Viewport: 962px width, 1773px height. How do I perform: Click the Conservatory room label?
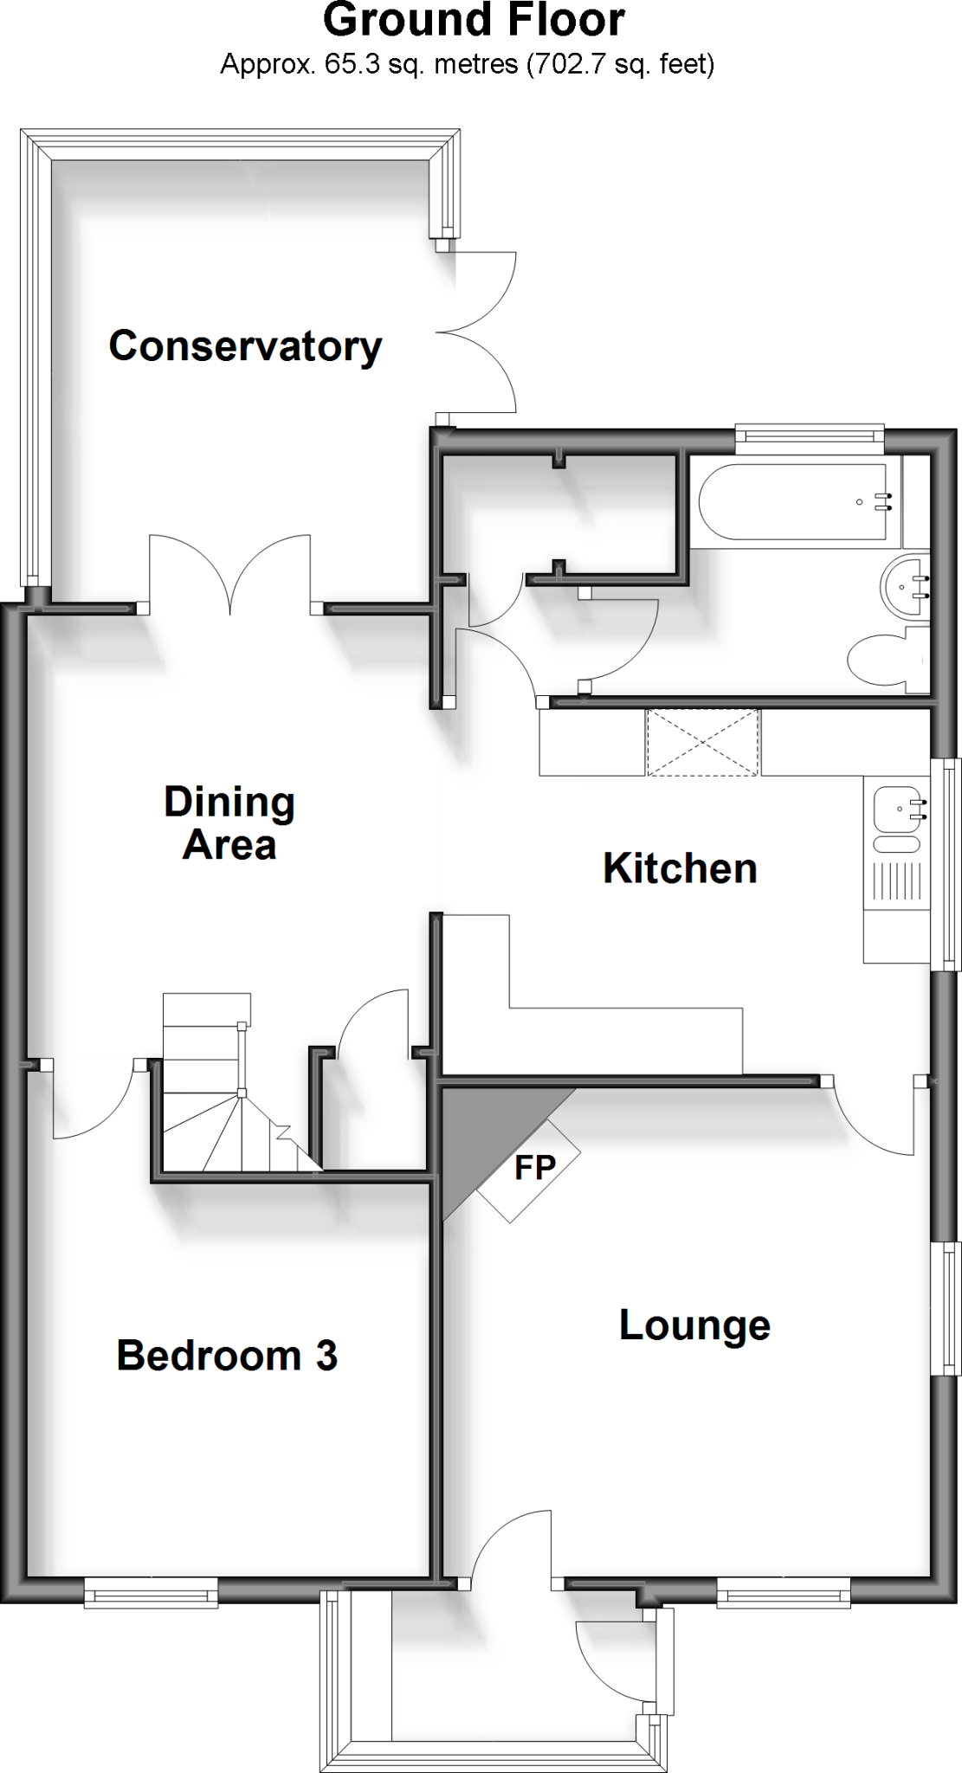(245, 346)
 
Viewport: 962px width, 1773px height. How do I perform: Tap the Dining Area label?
(229, 823)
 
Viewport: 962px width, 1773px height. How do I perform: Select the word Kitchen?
(680, 868)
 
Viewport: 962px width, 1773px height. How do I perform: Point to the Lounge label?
(694, 1325)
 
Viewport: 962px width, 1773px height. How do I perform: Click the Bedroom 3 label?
(227, 1356)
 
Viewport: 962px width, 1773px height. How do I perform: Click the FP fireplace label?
(534, 1168)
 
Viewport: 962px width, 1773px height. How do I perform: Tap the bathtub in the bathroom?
(792, 503)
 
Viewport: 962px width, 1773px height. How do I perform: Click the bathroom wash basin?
(906, 588)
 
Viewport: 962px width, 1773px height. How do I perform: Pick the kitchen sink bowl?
(895, 809)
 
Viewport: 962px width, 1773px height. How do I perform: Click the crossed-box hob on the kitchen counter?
(702, 742)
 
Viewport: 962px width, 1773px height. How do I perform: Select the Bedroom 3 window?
(151, 1591)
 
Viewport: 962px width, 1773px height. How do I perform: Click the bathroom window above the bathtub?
(809, 439)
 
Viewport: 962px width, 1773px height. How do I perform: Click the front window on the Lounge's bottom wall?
(784, 1591)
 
